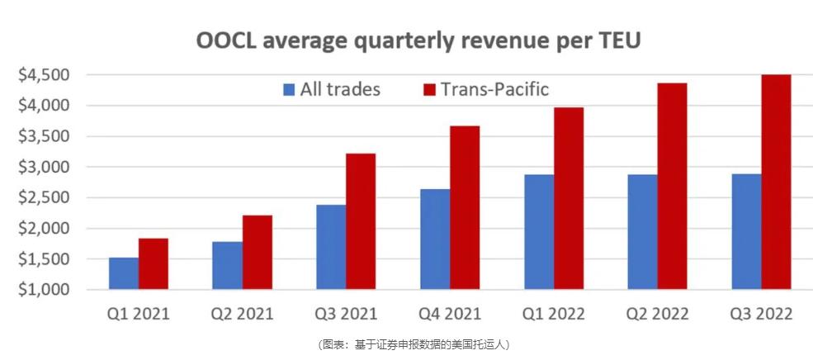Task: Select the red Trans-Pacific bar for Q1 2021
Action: point(154,264)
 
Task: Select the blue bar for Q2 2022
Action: point(644,232)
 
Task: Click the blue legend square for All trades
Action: point(288,89)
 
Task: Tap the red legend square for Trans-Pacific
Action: point(428,89)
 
